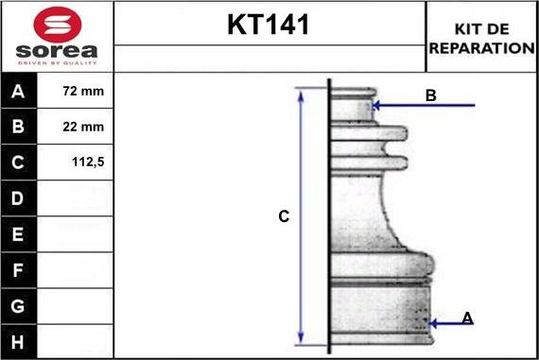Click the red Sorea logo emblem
58,25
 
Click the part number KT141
269,25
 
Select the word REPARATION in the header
482,48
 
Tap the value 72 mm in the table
83,91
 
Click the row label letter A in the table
18,91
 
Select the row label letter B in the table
18,127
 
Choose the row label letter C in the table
18,163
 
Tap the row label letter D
18,198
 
